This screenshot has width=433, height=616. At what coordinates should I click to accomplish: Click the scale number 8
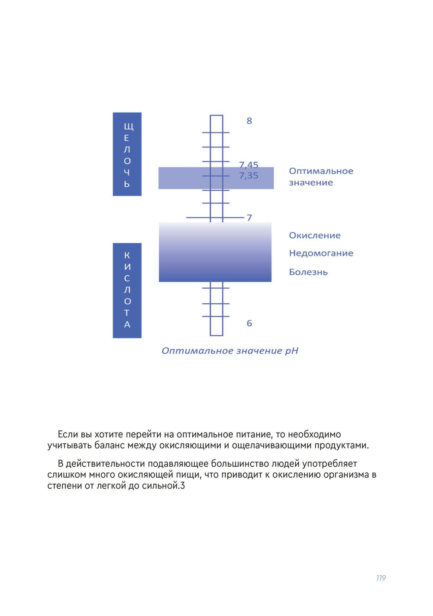click(x=249, y=121)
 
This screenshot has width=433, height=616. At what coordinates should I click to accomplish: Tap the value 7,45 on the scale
click(x=249, y=165)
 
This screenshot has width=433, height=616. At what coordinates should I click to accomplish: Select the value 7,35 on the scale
click(x=249, y=176)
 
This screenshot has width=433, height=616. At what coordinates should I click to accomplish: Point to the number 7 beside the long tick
click(x=249, y=218)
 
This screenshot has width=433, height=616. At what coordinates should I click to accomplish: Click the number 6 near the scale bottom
click(x=249, y=323)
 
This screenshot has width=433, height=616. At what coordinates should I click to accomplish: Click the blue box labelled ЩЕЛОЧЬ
click(x=127, y=154)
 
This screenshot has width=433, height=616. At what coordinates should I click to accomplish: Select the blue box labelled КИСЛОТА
click(x=127, y=290)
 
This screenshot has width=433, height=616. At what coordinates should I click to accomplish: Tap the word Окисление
click(x=315, y=235)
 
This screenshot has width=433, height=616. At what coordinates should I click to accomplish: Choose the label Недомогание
click(x=321, y=253)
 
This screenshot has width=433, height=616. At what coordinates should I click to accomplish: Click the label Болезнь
click(x=308, y=272)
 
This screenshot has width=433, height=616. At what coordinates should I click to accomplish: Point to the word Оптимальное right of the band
click(x=321, y=171)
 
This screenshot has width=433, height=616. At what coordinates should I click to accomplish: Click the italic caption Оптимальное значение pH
click(x=230, y=351)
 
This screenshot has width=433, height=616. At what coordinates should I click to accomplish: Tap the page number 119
click(x=381, y=578)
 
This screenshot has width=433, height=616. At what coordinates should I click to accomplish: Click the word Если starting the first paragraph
click(x=68, y=434)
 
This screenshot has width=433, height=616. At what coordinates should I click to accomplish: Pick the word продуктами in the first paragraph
click(x=341, y=446)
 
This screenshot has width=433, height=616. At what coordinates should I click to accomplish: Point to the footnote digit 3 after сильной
click(x=183, y=486)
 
